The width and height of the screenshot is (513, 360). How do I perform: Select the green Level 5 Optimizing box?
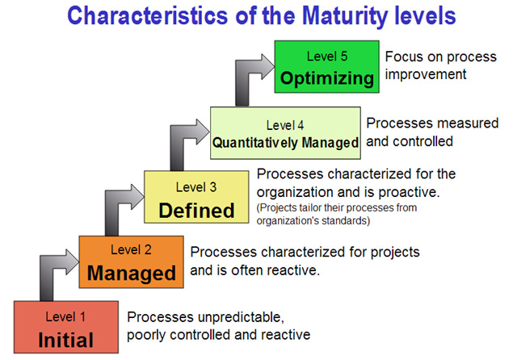327,67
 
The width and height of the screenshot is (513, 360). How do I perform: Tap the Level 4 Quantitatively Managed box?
285,133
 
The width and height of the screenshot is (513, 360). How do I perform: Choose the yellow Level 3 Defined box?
196,197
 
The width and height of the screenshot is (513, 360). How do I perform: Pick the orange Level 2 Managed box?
131,262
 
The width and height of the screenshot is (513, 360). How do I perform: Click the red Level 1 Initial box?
66,327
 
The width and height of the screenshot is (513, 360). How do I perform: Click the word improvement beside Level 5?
425,74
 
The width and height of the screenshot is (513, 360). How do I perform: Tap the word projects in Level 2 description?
395,253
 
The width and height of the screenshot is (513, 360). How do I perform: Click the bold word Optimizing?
327,79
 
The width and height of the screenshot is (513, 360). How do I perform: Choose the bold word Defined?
196,210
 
